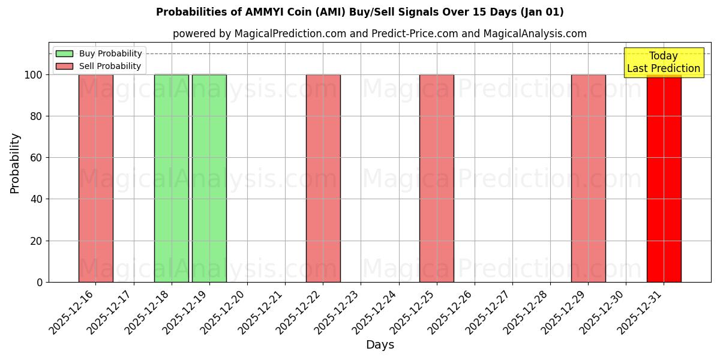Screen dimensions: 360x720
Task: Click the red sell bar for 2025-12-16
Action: (96, 178)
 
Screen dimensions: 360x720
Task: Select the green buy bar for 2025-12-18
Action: (172, 178)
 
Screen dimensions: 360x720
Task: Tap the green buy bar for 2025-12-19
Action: (209, 178)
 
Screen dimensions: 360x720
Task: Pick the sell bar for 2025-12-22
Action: (323, 178)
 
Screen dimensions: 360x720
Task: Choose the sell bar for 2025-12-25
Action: (437, 178)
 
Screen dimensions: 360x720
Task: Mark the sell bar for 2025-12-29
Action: (588, 178)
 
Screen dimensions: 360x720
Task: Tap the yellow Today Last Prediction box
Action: (664, 62)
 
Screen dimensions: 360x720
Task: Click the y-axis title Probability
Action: (15, 163)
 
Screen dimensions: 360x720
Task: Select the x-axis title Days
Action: (380, 345)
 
